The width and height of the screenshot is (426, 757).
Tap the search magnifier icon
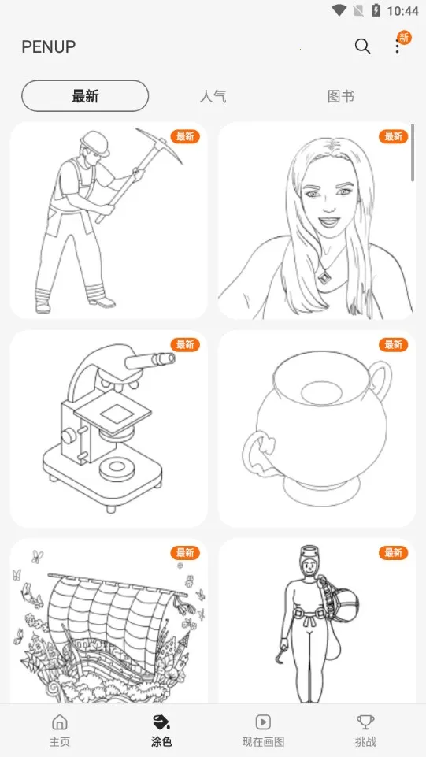[x=362, y=46]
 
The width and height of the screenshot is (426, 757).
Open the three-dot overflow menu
[x=397, y=46]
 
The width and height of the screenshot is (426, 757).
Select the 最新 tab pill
[x=85, y=96]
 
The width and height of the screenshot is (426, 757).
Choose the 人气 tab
[x=213, y=97]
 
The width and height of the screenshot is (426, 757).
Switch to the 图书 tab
[x=341, y=97]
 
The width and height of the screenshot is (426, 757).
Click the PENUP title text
[x=49, y=46]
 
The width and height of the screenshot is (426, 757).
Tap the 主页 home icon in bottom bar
[x=59, y=722]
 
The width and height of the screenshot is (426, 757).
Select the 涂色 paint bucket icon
[x=161, y=722]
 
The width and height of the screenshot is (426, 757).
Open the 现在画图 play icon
[x=263, y=722]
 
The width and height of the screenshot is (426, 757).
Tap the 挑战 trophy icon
[x=365, y=722]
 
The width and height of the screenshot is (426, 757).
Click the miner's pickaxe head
[x=159, y=144]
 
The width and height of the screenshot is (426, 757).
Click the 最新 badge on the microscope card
[x=185, y=344]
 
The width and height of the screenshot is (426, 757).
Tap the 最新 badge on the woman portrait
[x=393, y=136]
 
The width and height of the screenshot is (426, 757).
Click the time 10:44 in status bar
[x=402, y=10]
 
